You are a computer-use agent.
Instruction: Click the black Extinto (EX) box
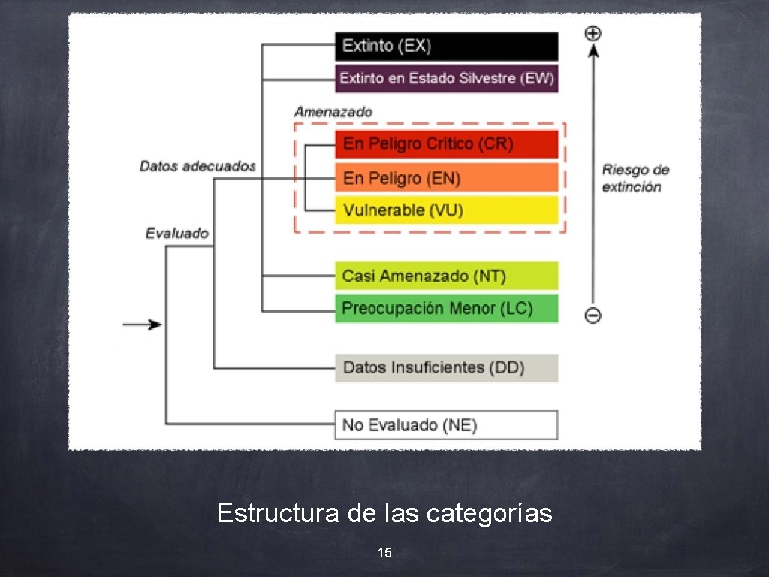pyautogui.click(x=446, y=46)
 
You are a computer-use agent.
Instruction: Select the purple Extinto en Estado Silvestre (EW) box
pyautogui.click(x=446, y=78)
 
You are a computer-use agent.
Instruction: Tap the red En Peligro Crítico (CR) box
pyautogui.click(x=446, y=143)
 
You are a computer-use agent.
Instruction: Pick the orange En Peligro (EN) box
pyautogui.click(x=446, y=178)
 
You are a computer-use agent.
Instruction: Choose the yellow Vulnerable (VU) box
pyautogui.click(x=446, y=210)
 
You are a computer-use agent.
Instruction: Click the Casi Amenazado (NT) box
pyautogui.click(x=446, y=276)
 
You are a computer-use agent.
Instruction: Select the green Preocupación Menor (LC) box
pyautogui.click(x=446, y=308)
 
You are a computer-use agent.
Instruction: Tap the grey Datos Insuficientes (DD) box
pyautogui.click(x=446, y=367)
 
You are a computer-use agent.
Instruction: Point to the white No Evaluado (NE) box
pyautogui.click(x=446, y=424)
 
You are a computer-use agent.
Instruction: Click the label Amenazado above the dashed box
pyautogui.click(x=333, y=111)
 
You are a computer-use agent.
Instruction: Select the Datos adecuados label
pyautogui.click(x=198, y=166)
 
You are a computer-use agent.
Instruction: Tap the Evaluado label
pyautogui.click(x=177, y=234)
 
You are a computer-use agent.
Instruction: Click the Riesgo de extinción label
pyautogui.click(x=635, y=178)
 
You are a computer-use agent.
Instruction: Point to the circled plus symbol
pyautogui.click(x=593, y=33)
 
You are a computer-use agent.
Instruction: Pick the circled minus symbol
pyautogui.click(x=593, y=316)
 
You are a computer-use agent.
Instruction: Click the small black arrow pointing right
pyautogui.click(x=143, y=325)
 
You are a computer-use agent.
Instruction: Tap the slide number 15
pyautogui.click(x=384, y=554)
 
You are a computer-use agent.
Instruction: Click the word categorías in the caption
pyautogui.click(x=489, y=514)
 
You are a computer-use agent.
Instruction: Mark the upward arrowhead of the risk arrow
pyautogui.click(x=593, y=50)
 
